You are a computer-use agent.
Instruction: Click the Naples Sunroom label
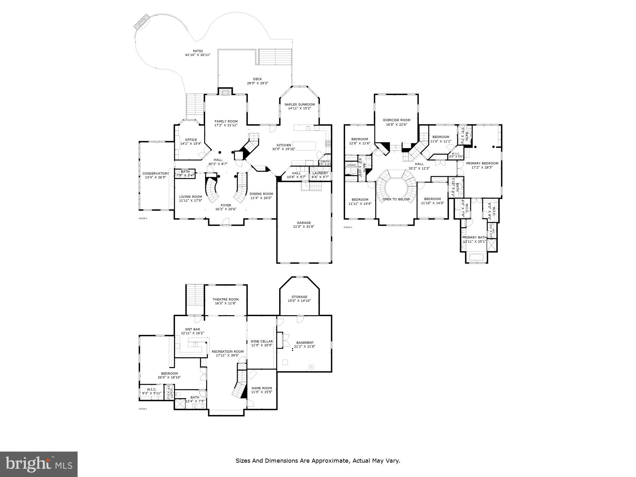[300, 105]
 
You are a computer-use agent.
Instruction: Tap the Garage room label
[304, 223]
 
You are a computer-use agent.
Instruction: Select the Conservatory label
[156, 174]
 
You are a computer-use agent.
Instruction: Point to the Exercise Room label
[397, 120]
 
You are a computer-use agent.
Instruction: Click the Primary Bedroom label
[482, 163]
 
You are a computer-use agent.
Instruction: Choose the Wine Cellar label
[262, 342]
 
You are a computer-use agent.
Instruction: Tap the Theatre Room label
[225, 299]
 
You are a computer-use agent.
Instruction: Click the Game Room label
[262, 388]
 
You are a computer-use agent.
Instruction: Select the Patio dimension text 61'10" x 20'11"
[198, 55]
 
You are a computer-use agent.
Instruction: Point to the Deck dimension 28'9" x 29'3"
[258, 83]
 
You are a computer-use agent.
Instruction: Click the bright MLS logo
[38, 464]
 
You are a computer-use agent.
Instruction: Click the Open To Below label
[396, 199]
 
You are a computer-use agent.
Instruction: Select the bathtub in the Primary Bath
[476, 257]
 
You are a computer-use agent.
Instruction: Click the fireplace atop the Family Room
[225, 92]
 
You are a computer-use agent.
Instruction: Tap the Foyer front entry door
[225, 221]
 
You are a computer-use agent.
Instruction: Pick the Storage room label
[299, 297]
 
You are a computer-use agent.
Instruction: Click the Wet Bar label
[192, 329]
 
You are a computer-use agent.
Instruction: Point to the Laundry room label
[320, 173]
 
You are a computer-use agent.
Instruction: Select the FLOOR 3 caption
[348, 227]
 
